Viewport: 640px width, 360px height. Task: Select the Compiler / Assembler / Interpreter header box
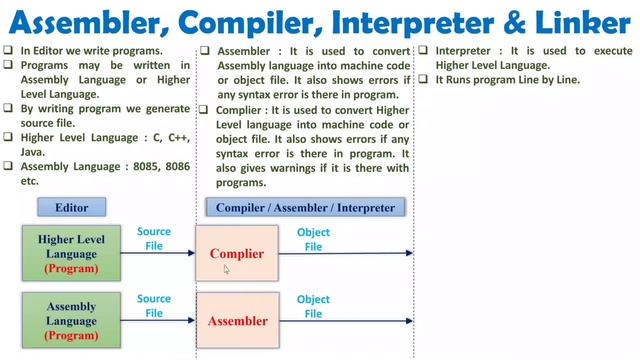pyautogui.click(x=300, y=208)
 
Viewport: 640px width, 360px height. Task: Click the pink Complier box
pyautogui.click(x=237, y=253)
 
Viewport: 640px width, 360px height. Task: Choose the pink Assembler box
pyautogui.click(x=237, y=321)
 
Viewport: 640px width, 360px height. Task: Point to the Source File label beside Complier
pyautogui.click(x=154, y=238)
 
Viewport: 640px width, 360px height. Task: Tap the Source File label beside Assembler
pyautogui.click(x=154, y=306)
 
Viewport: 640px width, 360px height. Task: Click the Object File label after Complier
pyautogui.click(x=313, y=239)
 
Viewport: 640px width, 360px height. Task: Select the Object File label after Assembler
pyautogui.click(x=313, y=306)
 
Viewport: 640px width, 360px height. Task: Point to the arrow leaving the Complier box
pyautogui.click(x=345, y=253)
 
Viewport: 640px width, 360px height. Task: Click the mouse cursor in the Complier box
pyautogui.click(x=227, y=269)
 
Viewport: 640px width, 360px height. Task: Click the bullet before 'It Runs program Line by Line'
pyautogui.click(x=424, y=80)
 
